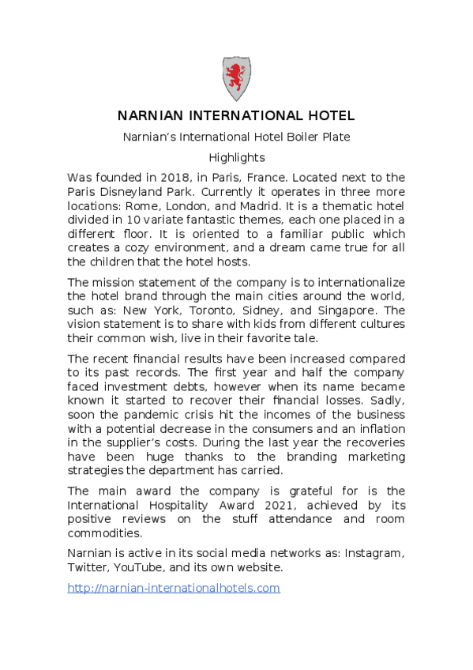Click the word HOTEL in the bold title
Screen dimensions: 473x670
[x=329, y=116]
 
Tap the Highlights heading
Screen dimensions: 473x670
[x=236, y=157]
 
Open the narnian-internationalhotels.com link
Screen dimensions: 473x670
[x=174, y=588]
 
